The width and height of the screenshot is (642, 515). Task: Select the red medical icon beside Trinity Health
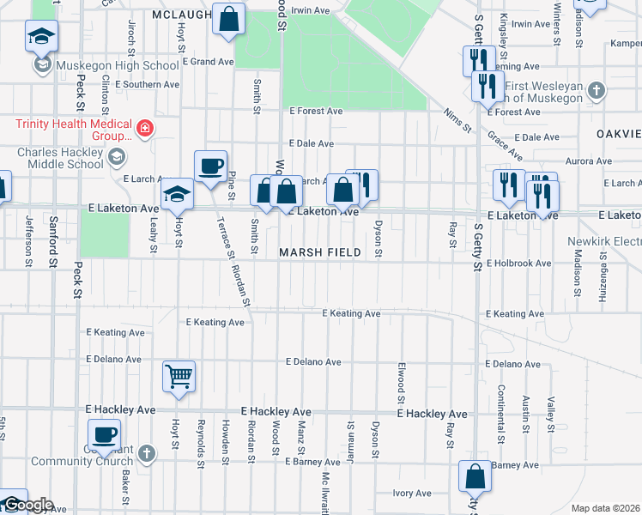tap(145, 130)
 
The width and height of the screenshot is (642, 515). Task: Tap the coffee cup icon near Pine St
tap(209, 166)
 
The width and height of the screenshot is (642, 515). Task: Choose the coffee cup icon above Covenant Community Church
tap(104, 434)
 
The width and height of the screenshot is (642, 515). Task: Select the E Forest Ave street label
tap(316, 112)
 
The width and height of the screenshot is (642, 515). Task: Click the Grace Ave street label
tap(505, 146)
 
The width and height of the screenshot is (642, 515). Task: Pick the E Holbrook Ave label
tap(518, 264)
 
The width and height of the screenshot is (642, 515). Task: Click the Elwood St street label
tap(401, 382)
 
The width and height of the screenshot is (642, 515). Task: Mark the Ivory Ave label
tap(412, 494)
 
